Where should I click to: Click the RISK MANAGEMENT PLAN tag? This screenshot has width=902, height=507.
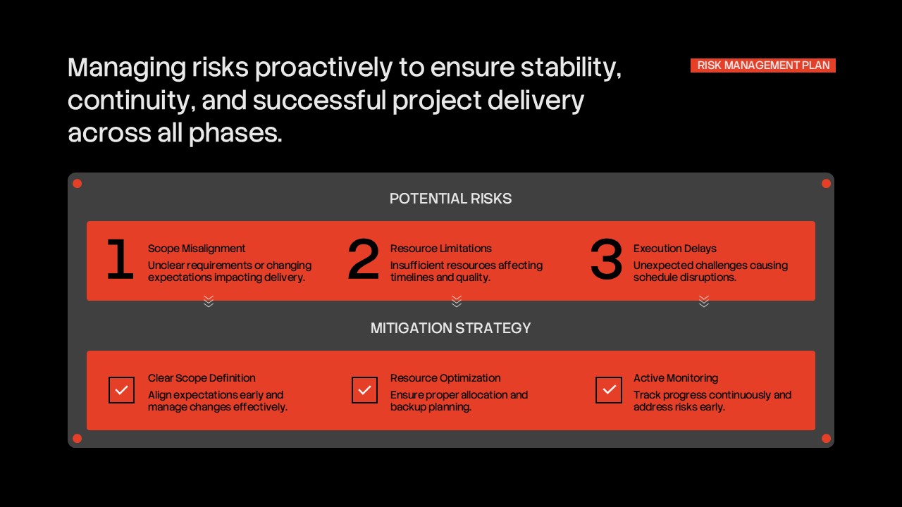763,65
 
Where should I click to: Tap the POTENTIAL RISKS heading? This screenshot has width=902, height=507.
450,199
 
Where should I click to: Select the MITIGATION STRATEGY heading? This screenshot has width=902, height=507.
450,328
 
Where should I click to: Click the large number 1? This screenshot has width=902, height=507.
120,260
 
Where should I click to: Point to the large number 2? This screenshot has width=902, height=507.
364,260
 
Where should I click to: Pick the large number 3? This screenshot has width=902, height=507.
607,260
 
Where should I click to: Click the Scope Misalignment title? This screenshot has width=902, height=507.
197,249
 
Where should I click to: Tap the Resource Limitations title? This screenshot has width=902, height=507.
441,249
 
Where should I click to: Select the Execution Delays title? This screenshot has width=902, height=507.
674,249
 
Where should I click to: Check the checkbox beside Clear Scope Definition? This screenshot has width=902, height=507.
121,390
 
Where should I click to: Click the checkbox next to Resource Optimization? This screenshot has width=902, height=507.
364,390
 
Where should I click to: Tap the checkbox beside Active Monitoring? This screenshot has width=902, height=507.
609,390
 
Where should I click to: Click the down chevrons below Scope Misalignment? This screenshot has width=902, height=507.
209,301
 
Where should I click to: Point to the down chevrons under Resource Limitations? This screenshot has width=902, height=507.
457,301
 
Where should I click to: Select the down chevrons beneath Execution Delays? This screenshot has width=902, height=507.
704,301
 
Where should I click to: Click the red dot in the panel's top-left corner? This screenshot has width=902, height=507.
78,184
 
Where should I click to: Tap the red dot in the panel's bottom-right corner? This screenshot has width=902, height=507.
826,439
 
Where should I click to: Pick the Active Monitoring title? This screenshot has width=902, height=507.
675,378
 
